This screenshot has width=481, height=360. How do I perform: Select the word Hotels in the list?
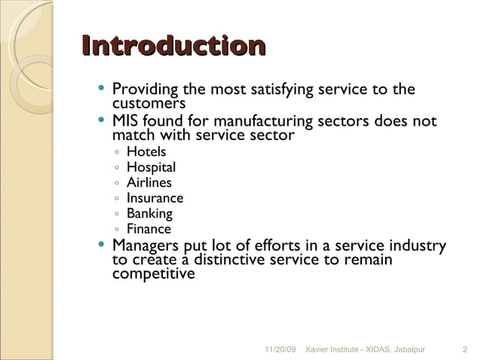(146, 152)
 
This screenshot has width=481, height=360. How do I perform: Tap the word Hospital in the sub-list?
(151, 168)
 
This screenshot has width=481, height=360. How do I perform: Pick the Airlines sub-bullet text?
(149, 183)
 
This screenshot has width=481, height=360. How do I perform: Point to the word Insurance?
(155, 199)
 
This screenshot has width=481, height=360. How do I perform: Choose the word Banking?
(149, 214)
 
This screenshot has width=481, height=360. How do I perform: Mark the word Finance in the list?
(149, 230)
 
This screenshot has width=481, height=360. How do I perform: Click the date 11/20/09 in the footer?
(282, 349)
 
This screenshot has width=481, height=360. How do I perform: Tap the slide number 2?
(464, 349)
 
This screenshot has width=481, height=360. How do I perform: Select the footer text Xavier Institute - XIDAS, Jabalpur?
(370, 349)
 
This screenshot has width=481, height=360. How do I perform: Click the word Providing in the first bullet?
(146, 90)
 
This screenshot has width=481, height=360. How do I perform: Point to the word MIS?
(125, 122)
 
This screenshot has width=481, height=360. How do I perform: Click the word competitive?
(153, 273)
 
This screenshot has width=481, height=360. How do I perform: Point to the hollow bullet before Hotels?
(117, 153)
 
